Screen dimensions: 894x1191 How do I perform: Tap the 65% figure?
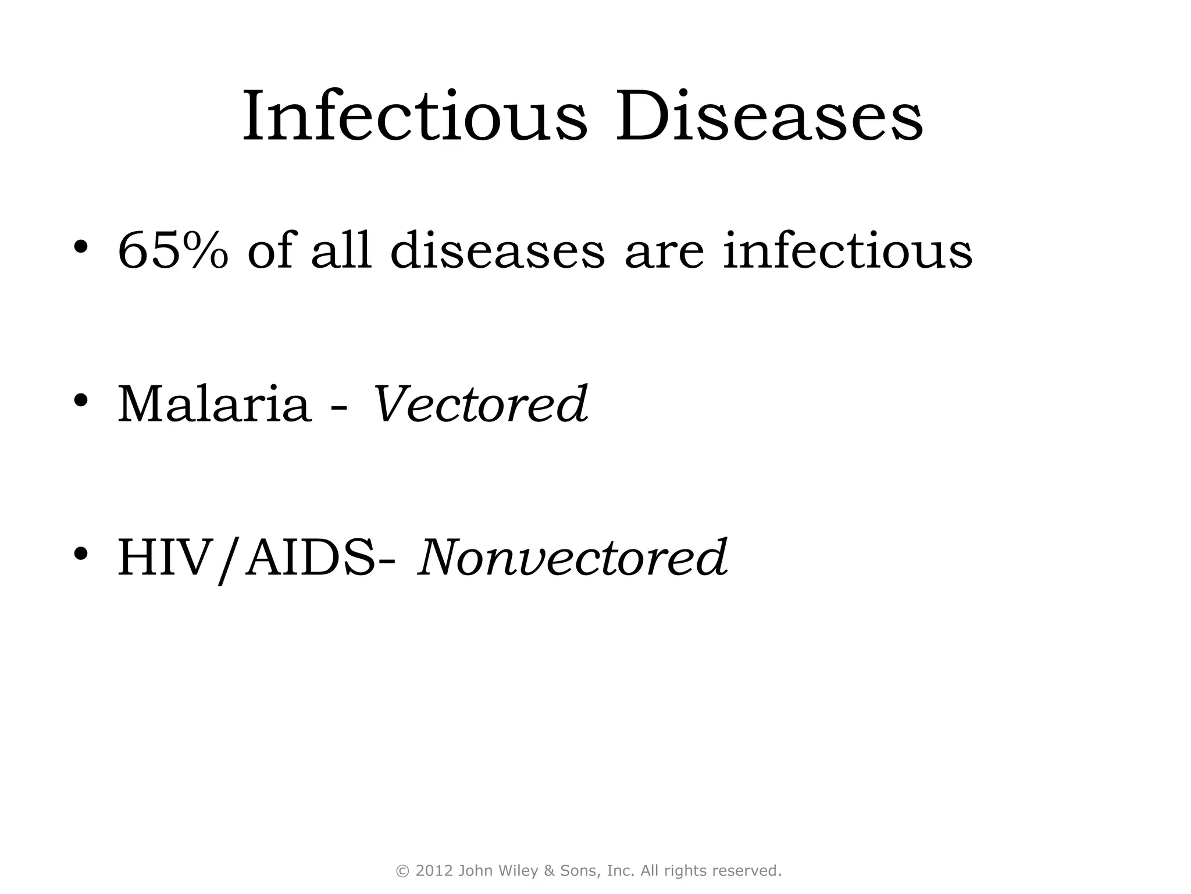(x=173, y=251)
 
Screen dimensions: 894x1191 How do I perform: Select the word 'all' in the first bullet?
(x=341, y=251)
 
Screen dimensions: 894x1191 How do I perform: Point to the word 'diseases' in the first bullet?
(x=497, y=251)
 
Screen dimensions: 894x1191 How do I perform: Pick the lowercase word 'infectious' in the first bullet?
(x=847, y=251)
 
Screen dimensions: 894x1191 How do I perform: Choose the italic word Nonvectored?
(x=572, y=558)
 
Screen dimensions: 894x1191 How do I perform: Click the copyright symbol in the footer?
(x=402, y=871)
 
